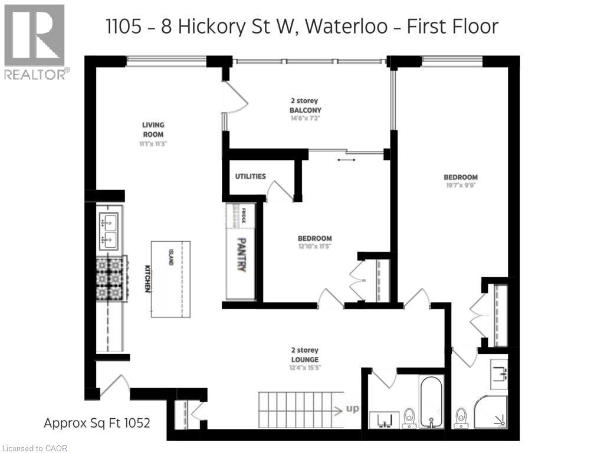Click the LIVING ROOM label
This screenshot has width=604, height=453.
tap(153, 130)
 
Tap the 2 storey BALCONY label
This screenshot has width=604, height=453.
tap(305, 106)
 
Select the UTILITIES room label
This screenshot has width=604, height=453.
tap(250, 176)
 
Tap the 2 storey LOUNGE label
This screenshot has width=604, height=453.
tap(305, 355)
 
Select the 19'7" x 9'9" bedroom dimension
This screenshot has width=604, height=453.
tap(461, 185)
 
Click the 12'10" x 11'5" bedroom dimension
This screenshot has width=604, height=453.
tap(314, 247)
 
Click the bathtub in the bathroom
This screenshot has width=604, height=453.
tap(432, 401)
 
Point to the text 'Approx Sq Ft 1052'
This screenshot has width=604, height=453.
tap(97, 423)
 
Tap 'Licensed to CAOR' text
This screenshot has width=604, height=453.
tap(34, 448)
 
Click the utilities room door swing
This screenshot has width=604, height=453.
tap(280, 192)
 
